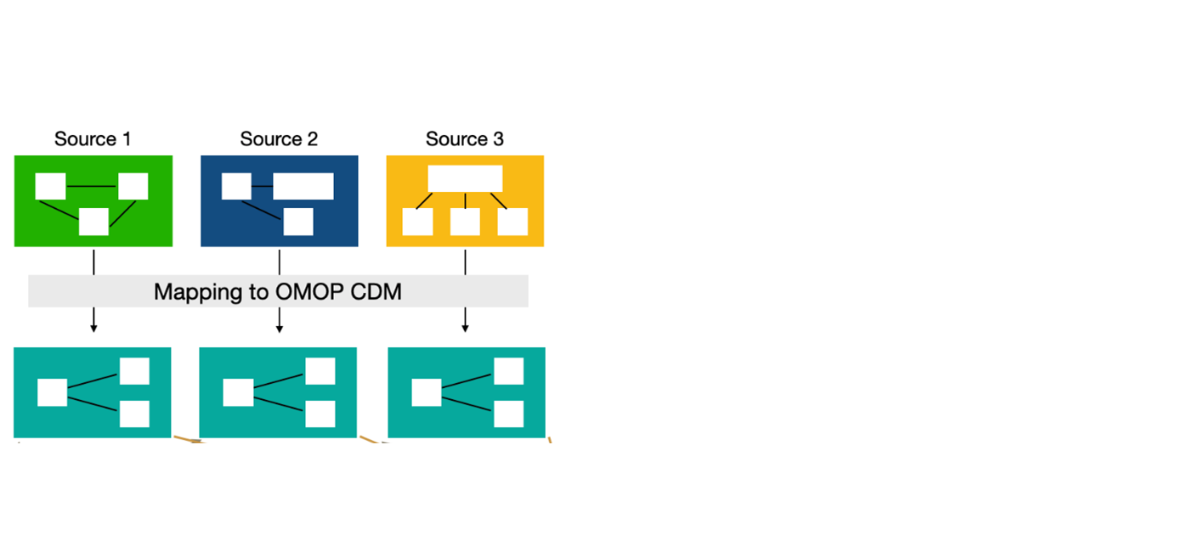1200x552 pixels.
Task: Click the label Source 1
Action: (93, 139)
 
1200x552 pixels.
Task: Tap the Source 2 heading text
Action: (279, 139)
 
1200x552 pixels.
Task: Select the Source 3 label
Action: (464, 139)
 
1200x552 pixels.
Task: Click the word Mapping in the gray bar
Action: (197, 292)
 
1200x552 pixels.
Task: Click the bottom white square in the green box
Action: (93, 222)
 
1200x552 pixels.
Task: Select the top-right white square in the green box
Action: (133, 186)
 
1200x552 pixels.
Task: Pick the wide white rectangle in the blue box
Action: (303, 186)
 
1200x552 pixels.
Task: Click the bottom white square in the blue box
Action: (298, 222)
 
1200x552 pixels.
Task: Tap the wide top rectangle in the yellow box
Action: (465, 178)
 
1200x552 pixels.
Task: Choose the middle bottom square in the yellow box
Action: (465, 222)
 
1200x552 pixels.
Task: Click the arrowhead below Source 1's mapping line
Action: (93, 328)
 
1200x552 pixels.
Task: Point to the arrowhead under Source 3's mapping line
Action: (465, 328)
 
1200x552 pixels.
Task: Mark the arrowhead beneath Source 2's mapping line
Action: (280, 328)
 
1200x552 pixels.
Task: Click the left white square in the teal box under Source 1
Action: (53, 393)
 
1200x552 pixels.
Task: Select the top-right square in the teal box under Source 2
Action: (320, 371)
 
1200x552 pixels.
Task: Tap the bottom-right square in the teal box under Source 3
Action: (508, 414)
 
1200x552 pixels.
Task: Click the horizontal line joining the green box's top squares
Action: (92, 186)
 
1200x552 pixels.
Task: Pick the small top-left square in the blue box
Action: (236, 186)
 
